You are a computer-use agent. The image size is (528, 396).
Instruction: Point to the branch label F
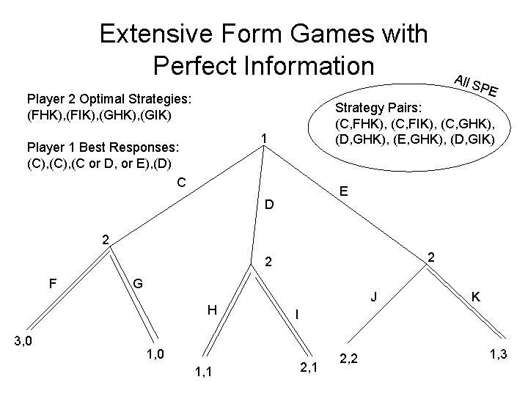(53, 281)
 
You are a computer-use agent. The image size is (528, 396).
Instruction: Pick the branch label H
(212, 309)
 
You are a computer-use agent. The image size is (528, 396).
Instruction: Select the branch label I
(296, 313)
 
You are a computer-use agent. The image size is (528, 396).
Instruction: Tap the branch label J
(374, 297)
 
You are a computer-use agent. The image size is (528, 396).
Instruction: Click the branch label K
(476, 297)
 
